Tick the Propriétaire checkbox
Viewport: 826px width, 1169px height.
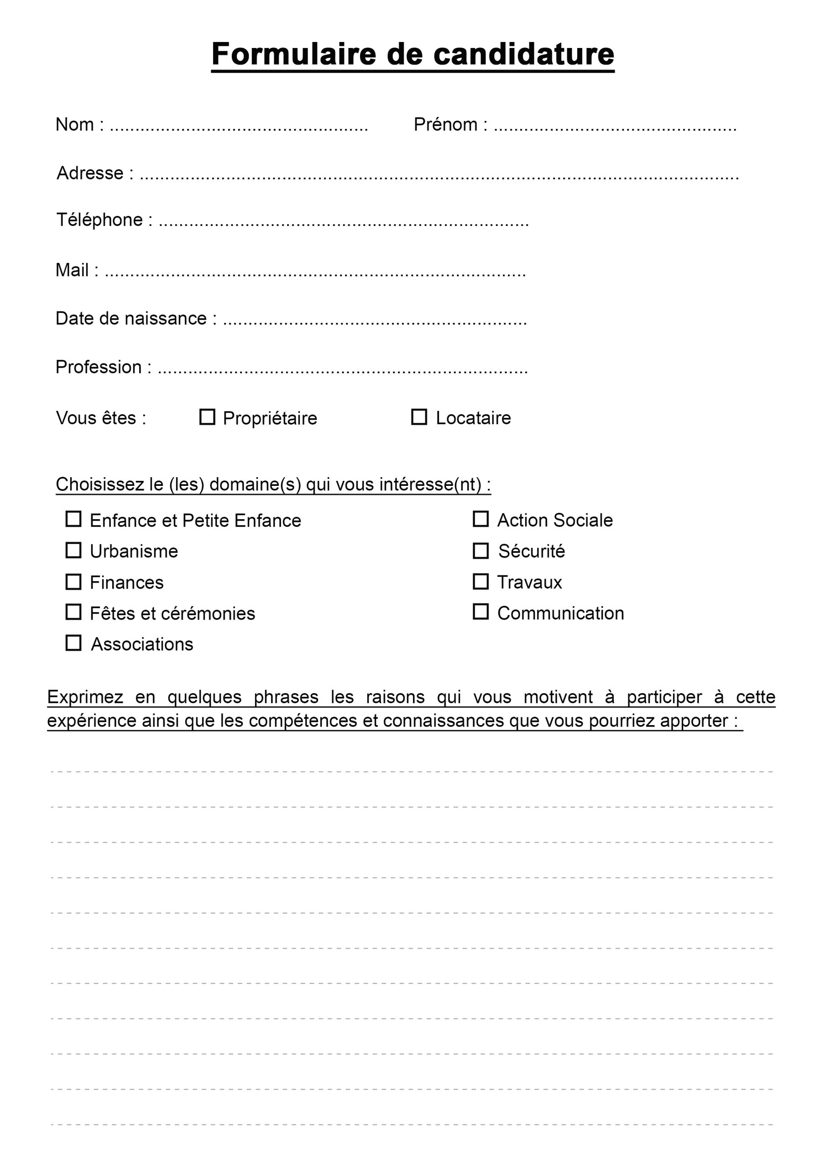(207, 417)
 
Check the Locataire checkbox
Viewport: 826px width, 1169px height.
(419, 417)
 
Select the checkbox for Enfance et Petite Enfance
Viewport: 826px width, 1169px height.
(73, 519)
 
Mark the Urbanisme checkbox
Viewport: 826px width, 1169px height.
(73, 550)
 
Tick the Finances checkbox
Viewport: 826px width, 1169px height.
(73, 582)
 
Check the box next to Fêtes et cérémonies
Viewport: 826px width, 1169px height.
(73, 612)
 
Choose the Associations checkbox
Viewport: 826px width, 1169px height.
(73, 643)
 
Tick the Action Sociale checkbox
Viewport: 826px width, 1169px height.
(481, 519)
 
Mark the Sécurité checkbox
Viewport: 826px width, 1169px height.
(481, 551)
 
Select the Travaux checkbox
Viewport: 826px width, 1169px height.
(481, 581)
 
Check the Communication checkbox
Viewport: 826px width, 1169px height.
(481, 612)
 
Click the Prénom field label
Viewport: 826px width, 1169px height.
(445, 125)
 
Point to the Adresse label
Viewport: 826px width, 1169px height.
(90, 173)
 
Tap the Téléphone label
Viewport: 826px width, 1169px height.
(100, 220)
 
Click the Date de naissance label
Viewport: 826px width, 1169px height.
(131, 319)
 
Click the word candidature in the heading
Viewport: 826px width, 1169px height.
(524, 54)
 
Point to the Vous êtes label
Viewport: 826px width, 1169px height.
(101, 418)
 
